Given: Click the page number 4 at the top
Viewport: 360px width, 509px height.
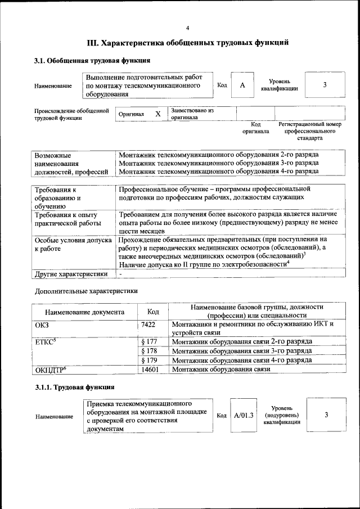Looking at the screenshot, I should pyautogui.click(x=188, y=28).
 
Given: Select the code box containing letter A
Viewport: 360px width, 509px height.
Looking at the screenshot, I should pyautogui.click(x=242, y=85).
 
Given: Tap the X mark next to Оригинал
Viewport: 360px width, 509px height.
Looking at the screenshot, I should pyautogui.click(x=158, y=114).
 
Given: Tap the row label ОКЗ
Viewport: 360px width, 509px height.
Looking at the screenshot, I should pyautogui.click(x=42, y=325).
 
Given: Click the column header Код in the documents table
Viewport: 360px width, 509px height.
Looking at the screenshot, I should pyautogui.click(x=153, y=312).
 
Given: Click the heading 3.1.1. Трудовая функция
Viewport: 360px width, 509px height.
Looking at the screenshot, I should pyautogui.click(x=75, y=388).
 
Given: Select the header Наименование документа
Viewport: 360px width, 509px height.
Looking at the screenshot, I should pyautogui.click(x=84, y=312).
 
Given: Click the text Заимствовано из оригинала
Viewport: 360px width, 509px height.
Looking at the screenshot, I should pyautogui.click(x=192, y=114).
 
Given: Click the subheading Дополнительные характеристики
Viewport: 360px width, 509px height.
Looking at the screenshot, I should pyautogui.click(x=86, y=291).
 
